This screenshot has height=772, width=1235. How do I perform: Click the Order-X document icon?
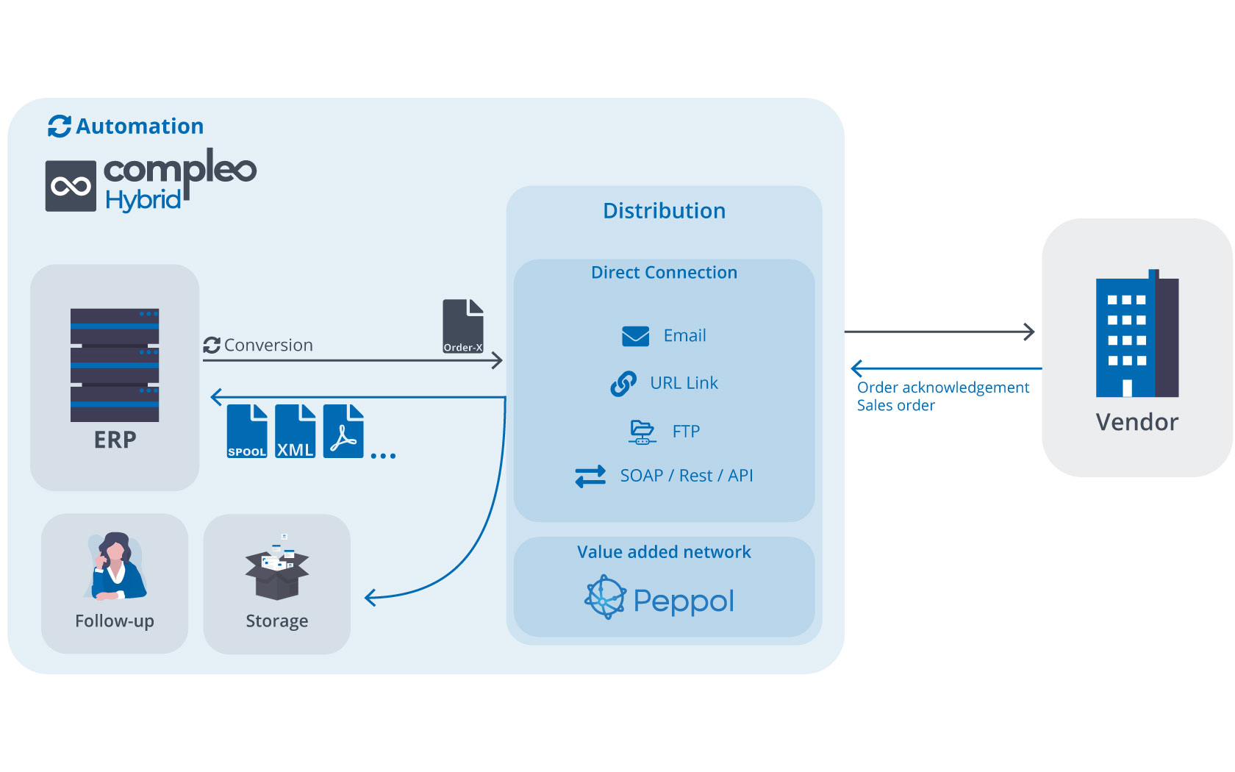463,326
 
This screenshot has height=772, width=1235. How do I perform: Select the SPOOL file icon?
247,431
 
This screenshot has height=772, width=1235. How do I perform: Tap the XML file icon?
295,431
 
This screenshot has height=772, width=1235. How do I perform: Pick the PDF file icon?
343,431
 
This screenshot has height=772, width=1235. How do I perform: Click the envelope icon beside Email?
635,336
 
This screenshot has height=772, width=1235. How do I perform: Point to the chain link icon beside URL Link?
623,383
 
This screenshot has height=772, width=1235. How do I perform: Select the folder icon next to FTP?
642,432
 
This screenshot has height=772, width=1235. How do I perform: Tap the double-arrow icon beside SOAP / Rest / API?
590,476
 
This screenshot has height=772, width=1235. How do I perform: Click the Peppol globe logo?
606,597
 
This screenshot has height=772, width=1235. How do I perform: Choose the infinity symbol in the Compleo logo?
71,187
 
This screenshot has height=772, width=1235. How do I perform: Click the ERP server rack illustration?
115,365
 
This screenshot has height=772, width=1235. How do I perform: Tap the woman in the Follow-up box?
117,566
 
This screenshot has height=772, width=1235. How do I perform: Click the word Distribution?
664,210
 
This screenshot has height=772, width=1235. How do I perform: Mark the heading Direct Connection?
664,272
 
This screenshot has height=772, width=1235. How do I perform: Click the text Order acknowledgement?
942,387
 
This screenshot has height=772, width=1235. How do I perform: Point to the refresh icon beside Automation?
60,126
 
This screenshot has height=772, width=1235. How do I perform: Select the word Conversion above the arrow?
268,346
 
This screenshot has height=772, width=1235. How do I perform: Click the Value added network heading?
664,552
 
